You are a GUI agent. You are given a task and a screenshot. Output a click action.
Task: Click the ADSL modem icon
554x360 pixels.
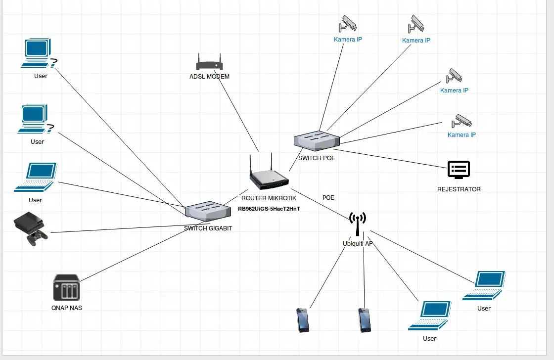click(x=209, y=63)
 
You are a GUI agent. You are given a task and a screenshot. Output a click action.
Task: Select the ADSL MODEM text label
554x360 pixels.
click(x=209, y=77)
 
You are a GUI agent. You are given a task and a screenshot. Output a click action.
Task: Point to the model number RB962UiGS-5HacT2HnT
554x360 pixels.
click(x=269, y=209)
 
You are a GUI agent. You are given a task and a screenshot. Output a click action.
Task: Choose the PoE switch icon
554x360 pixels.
click(x=317, y=140)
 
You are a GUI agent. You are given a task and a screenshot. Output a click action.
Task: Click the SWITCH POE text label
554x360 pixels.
click(x=317, y=158)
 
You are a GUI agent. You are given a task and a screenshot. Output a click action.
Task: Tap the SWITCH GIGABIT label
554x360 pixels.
click(x=208, y=228)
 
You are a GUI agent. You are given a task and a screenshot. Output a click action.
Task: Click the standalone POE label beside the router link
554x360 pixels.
click(x=328, y=198)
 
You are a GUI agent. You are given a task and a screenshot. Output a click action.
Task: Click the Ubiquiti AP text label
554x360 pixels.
click(x=358, y=244)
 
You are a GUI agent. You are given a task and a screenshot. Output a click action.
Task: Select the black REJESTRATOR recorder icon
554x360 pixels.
click(x=459, y=170)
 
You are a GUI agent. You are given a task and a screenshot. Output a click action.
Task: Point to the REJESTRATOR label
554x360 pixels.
click(x=459, y=189)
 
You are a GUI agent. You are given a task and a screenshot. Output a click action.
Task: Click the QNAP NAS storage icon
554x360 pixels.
click(x=66, y=288)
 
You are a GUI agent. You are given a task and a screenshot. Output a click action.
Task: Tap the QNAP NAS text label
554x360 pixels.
click(x=66, y=308)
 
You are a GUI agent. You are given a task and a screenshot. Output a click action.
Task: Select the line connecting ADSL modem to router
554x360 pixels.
click(x=237, y=111)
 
